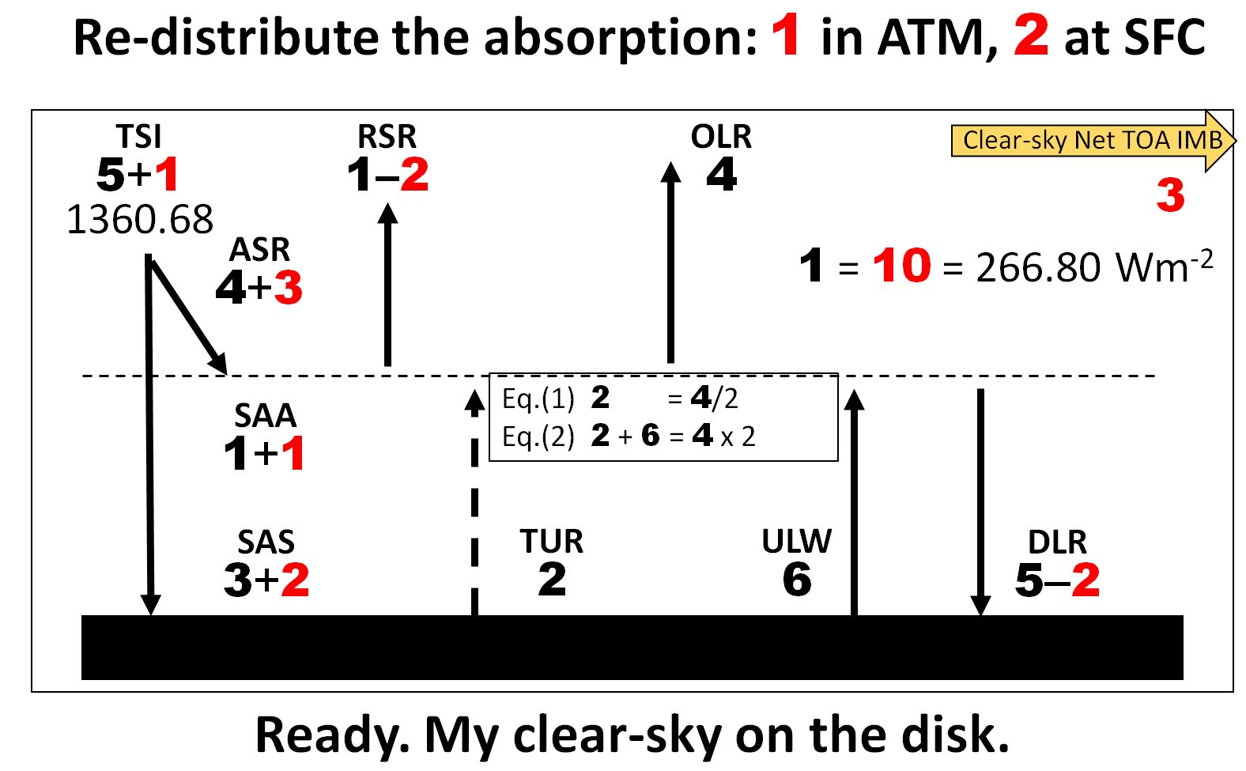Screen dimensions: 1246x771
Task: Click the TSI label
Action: point(138,136)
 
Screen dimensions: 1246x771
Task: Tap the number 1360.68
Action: point(140,219)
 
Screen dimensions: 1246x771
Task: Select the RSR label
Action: point(387,136)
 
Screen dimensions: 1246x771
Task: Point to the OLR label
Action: point(721,136)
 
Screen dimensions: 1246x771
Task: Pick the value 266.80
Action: point(1038,267)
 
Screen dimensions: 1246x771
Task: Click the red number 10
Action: point(901,266)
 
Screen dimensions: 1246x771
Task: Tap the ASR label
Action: point(259,250)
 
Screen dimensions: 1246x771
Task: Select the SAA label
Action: point(265,415)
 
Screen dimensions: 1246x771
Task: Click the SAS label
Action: point(266,542)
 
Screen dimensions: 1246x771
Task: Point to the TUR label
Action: point(551,541)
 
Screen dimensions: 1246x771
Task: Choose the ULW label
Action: point(797,541)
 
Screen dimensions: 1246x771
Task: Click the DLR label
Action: point(1057,542)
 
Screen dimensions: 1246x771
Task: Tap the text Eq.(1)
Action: point(538,399)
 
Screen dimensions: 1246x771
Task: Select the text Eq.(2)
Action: point(538,437)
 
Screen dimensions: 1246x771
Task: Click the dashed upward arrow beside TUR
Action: point(474,502)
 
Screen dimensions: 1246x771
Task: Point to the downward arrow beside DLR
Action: point(980,502)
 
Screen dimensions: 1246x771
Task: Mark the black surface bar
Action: point(632,647)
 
